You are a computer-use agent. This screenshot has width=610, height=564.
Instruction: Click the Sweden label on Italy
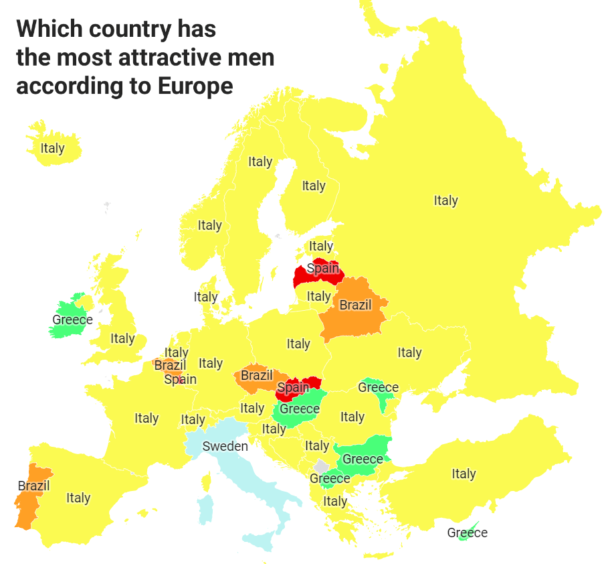(x=225, y=446)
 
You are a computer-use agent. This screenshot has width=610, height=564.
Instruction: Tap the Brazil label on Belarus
(x=355, y=305)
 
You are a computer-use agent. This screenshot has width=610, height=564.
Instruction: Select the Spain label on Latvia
(x=322, y=269)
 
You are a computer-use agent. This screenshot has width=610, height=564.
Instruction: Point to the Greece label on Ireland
(x=72, y=320)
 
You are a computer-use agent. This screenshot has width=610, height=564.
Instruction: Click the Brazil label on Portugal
(x=34, y=486)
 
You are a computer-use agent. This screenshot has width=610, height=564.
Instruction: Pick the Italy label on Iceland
(x=52, y=148)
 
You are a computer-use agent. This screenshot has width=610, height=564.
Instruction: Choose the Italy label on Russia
(x=445, y=200)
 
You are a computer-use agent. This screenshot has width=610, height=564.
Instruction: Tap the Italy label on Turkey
(x=464, y=474)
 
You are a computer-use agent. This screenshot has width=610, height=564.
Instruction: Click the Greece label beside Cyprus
(x=468, y=533)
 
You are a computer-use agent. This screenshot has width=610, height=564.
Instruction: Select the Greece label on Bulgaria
(x=363, y=459)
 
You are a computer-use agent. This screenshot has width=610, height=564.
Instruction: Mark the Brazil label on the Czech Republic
(x=257, y=375)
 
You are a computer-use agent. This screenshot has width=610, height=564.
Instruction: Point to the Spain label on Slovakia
(x=293, y=387)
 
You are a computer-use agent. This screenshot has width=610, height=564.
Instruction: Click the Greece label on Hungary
(x=300, y=409)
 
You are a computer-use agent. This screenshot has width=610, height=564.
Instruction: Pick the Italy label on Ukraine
(x=409, y=352)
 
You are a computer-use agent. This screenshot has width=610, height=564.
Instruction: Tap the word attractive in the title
(x=169, y=58)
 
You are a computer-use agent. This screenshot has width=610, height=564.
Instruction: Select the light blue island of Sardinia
(x=206, y=509)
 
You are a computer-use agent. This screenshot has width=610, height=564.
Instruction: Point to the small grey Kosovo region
(x=322, y=466)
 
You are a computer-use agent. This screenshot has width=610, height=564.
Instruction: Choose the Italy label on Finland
(x=314, y=186)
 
